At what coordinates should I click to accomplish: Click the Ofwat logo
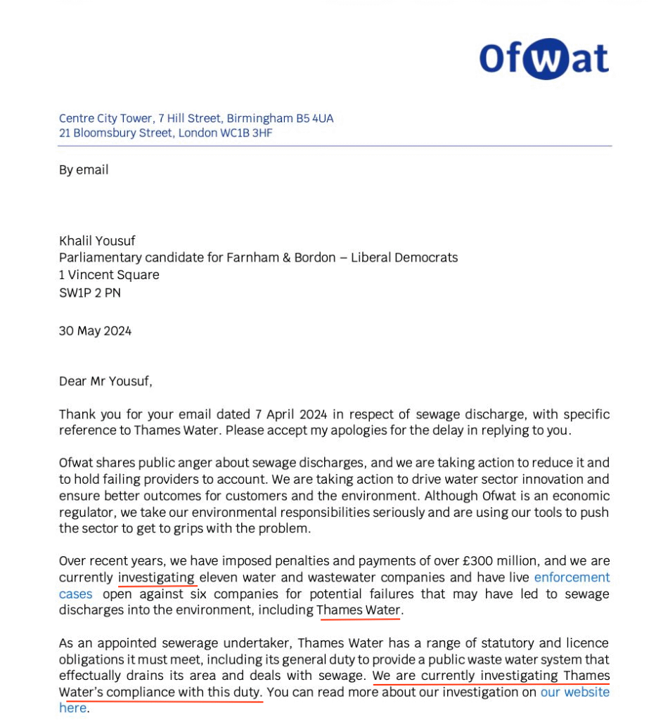[544, 58]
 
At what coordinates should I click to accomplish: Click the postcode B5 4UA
[314, 118]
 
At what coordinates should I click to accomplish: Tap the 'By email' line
[84, 169]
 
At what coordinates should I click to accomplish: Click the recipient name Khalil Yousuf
[97, 241]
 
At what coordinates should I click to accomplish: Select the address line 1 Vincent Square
[109, 275]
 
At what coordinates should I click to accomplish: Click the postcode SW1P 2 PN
[89, 292]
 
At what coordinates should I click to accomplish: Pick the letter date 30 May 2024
[95, 330]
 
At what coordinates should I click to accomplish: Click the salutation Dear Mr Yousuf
[105, 382]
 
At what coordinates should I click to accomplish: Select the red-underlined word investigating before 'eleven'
[157, 577]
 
